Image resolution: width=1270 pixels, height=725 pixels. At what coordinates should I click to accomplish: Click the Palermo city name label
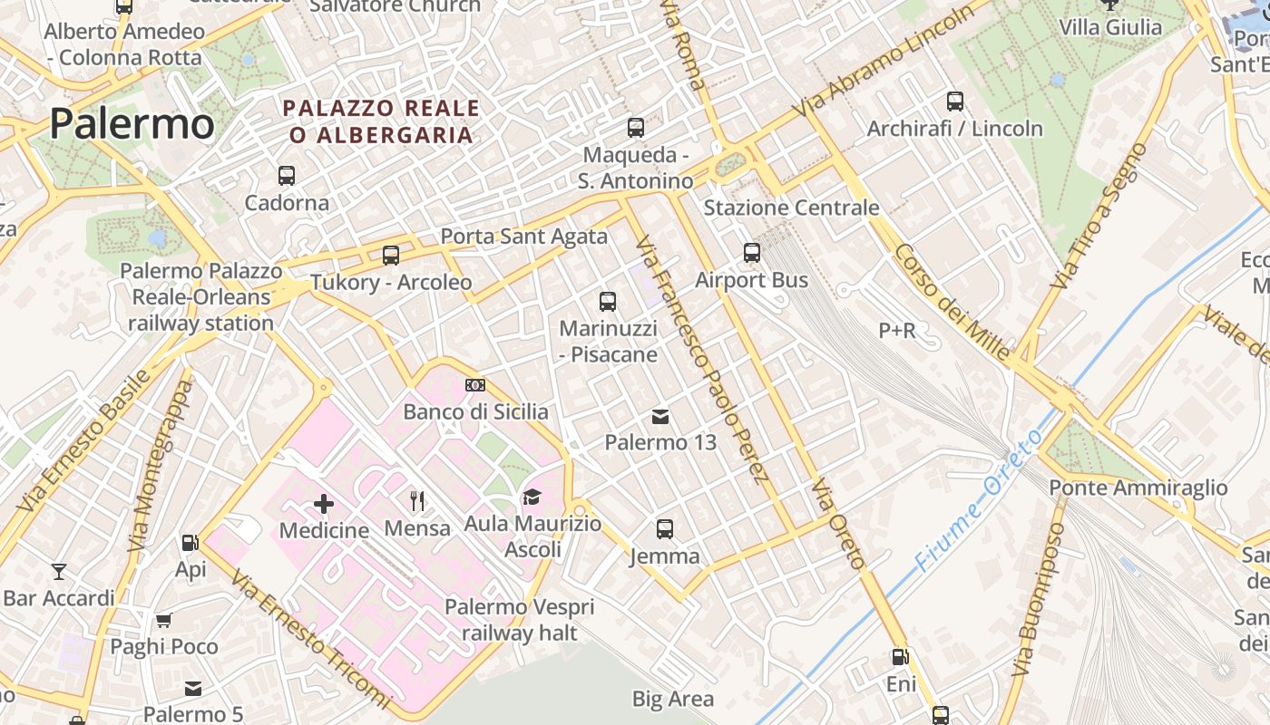(x=132, y=123)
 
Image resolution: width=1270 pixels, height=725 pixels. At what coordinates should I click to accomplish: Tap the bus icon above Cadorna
(x=287, y=175)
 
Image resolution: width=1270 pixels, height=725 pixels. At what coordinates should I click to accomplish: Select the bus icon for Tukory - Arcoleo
(x=391, y=256)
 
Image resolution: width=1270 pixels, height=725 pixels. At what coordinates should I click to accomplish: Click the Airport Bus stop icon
(x=752, y=253)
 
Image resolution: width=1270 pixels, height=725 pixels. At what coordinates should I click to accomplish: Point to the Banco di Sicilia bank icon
(x=475, y=385)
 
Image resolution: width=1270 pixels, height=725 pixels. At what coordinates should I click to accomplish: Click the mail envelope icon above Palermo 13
(x=660, y=417)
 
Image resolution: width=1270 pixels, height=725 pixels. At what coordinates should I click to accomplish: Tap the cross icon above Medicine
(x=324, y=503)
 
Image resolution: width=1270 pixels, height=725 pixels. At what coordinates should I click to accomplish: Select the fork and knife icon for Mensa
(x=417, y=500)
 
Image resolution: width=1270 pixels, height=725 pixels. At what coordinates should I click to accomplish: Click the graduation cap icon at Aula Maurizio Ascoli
(x=532, y=497)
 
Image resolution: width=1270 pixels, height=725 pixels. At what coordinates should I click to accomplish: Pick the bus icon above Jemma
(x=665, y=529)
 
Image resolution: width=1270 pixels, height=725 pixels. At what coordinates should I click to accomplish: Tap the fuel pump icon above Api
(x=190, y=543)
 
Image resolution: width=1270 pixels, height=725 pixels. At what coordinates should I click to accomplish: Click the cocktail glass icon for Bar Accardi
(x=59, y=571)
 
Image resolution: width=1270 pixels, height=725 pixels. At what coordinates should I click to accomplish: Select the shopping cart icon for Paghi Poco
(x=163, y=621)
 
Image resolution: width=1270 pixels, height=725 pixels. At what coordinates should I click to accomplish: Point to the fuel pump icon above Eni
(x=900, y=657)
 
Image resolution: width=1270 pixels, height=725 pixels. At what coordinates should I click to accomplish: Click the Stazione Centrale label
(x=791, y=208)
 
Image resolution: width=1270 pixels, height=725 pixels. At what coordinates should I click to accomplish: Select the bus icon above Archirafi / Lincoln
(x=955, y=101)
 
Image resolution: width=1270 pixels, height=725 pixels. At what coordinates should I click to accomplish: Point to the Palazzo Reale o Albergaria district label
(x=381, y=121)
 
